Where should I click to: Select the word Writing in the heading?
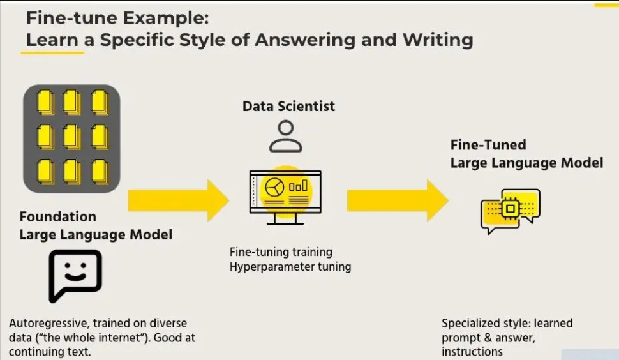click(x=438, y=40)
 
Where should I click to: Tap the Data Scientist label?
click(x=288, y=106)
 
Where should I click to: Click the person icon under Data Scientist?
click(x=285, y=137)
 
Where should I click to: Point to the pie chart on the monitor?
click(x=276, y=186)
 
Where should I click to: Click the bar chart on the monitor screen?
click(x=299, y=186)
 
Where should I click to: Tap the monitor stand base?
click(x=285, y=222)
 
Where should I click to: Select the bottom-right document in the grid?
click(x=99, y=170)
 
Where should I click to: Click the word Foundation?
click(x=58, y=217)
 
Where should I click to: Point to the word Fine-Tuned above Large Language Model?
click(x=488, y=145)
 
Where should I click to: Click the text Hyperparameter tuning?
click(x=290, y=266)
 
